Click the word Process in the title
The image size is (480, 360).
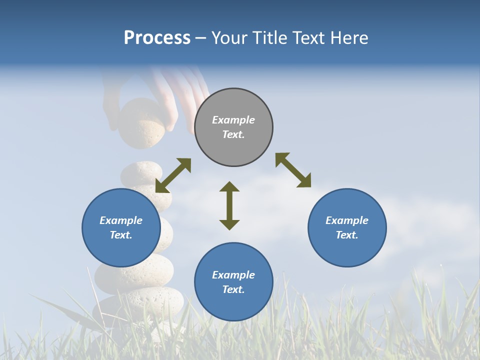[x=157, y=38]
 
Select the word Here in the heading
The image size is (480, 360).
[x=348, y=38]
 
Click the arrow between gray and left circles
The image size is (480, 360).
[x=173, y=175]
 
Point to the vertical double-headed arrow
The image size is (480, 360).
[x=229, y=205]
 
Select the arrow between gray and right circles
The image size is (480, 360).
[x=293, y=170]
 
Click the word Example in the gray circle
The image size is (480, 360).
[x=233, y=120]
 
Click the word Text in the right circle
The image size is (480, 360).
[x=346, y=235]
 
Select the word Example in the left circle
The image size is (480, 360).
[x=121, y=220]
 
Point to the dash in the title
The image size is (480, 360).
[x=200, y=38]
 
